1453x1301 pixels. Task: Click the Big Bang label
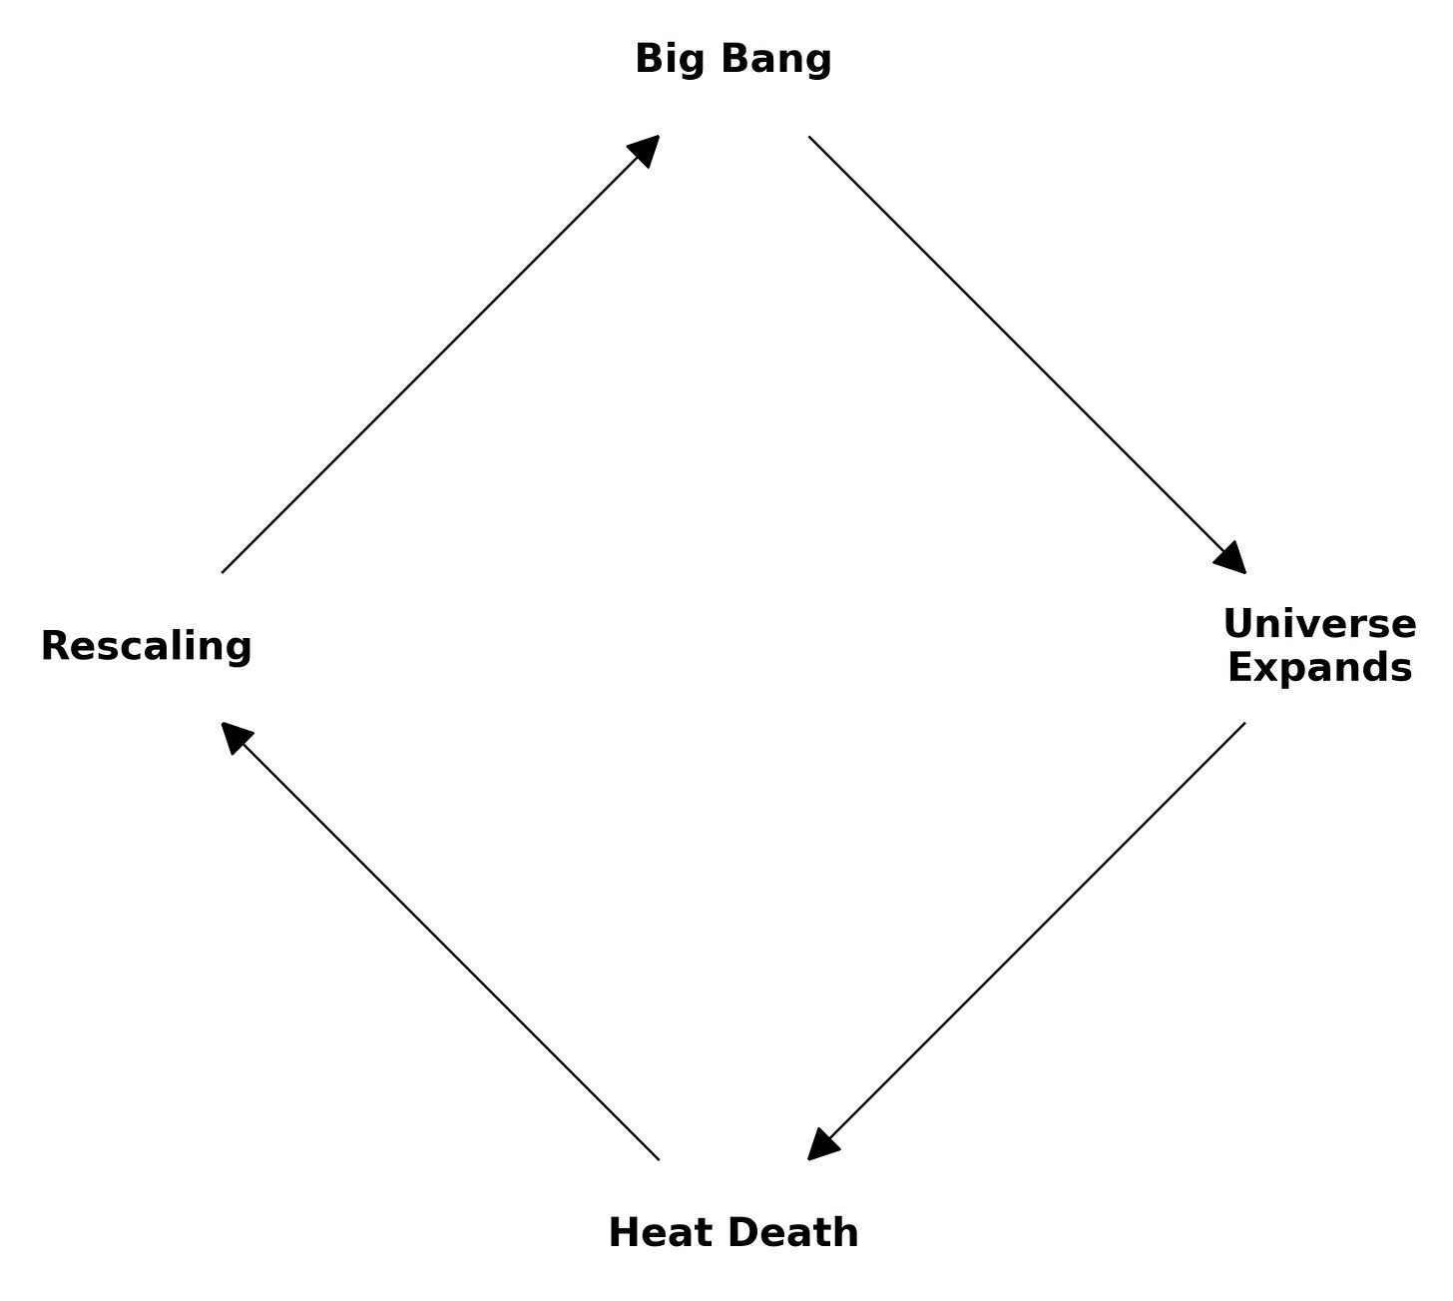click(733, 59)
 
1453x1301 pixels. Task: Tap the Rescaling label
click(147, 646)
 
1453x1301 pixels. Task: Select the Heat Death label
click(733, 1233)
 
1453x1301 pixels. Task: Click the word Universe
click(1319, 624)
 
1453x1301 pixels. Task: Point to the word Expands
click(1319, 668)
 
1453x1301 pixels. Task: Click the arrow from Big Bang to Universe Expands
click(1027, 354)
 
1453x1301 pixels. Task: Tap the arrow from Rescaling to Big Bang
click(440, 354)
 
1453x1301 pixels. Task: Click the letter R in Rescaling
click(54, 646)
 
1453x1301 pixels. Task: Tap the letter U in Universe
click(1237, 624)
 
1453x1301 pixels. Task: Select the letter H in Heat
click(623, 1233)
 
